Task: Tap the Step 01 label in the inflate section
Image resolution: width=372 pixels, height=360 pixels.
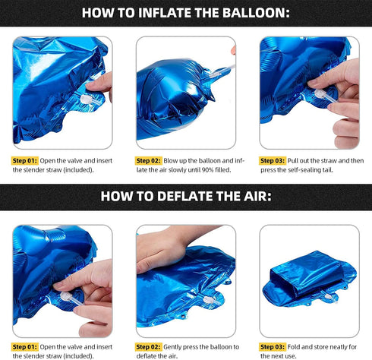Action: pyautogui.click(x=25, y=161)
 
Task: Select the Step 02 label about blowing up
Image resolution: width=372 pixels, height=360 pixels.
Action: pyautogui.click(x=148, y=161)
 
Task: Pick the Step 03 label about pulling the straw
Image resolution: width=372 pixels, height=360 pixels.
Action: pyautogui.click(x=273, y=161)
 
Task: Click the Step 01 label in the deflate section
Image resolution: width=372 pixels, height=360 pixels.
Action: pyautogui.click(x=25, y=347)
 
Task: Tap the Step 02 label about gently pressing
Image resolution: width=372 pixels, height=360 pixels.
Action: pyautogui.click(x=148, y=347)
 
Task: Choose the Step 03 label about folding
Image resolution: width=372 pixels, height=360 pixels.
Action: pyautogui.click(x=273, y=347)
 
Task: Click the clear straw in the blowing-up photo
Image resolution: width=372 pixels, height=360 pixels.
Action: pyautogui.click(x=221, y=71)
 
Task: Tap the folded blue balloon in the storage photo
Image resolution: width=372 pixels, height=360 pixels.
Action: pyautogui.click(x=309, y=279)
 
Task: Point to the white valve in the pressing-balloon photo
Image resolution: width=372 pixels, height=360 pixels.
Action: pyautogui.click(x=209, y=300)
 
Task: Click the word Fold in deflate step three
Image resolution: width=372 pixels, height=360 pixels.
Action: pyautogui.click(x=293, y=347)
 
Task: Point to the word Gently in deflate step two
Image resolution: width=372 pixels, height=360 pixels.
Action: pyautogui.click(x=172, y=347)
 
